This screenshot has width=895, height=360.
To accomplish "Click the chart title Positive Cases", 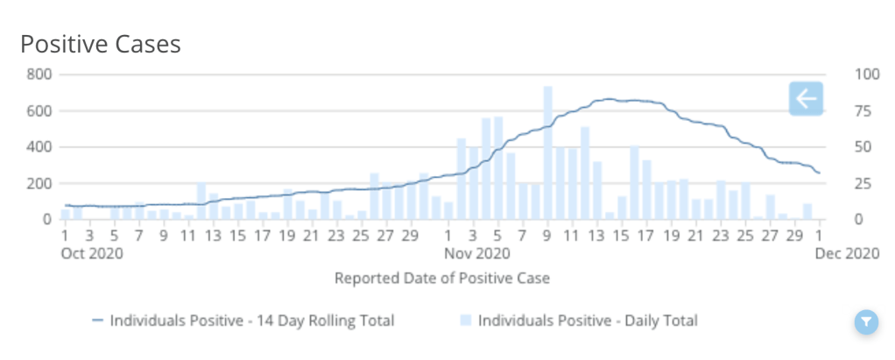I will (x=101, y=44).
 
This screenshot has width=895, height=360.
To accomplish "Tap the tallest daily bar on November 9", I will (x=547, y=153).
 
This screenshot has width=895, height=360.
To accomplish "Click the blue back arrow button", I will (x=806, y=99).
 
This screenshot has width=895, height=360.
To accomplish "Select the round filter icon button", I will (x=865, y=322).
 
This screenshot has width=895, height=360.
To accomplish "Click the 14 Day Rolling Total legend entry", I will (x=243, y=321).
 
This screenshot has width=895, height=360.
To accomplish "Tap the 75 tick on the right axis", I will (x=863, y=110).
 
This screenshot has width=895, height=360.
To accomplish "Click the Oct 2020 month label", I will (x=93, y=254).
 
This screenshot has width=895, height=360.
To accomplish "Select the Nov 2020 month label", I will (x=476, y=254).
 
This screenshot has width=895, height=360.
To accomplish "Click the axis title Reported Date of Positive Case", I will (x=442, y=279).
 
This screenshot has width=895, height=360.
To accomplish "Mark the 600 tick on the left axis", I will (x=39, y=110).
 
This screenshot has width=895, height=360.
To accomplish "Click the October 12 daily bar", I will (x=201, y=201).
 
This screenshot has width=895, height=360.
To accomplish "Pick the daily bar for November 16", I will (x=634, y=183).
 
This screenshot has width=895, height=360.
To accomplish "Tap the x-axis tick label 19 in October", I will (x=287, y=236).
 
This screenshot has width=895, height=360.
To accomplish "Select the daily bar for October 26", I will (x=374, y=196).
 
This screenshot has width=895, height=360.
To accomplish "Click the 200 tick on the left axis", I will (x=39, y=183).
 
